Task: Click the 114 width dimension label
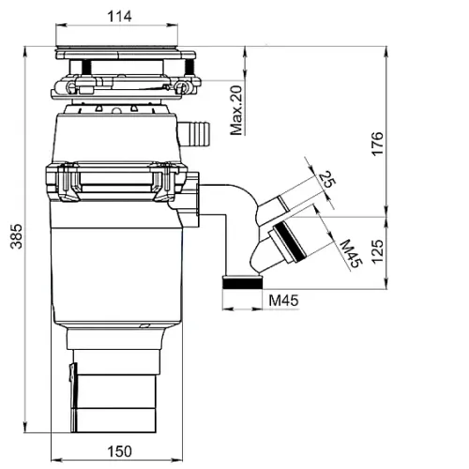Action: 119,16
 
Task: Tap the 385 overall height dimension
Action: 17,236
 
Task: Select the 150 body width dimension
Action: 119,451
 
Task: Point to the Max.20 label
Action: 236,111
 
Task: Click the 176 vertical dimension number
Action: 377,144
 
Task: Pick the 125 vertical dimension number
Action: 377,252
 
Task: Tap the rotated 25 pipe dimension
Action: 326,179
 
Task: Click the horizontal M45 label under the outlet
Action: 284,300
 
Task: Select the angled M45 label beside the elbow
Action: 351,254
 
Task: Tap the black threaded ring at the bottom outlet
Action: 242,284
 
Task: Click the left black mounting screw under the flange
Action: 86,68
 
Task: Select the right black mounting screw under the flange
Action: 189,67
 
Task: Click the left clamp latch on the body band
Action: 68,181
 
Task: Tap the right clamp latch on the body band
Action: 162,181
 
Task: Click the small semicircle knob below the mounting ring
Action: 116,111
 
